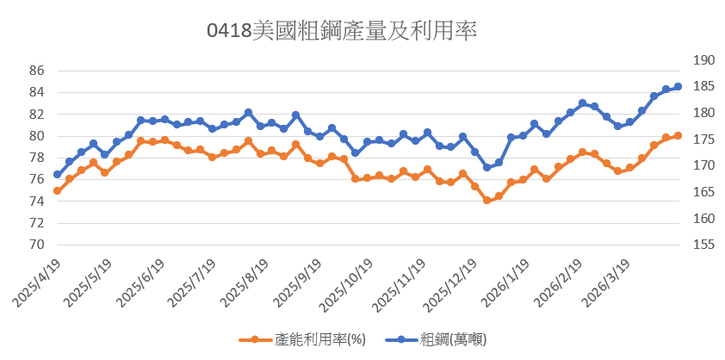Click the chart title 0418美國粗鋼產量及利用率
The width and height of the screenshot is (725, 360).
click(343, 31)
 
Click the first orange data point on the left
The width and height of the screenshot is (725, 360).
click(57, 190)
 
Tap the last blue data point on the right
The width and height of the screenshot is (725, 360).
click(679, 86)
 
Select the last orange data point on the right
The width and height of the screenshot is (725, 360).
click(679, 135)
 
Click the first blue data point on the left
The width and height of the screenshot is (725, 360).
click(57, 175)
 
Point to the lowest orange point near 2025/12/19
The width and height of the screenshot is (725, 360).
click(486, 200)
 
